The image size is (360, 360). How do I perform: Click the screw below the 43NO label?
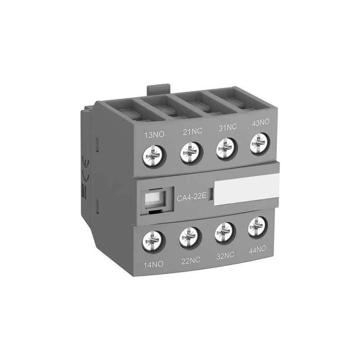coord(258,145)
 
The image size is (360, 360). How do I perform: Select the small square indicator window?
coord(155,198)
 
